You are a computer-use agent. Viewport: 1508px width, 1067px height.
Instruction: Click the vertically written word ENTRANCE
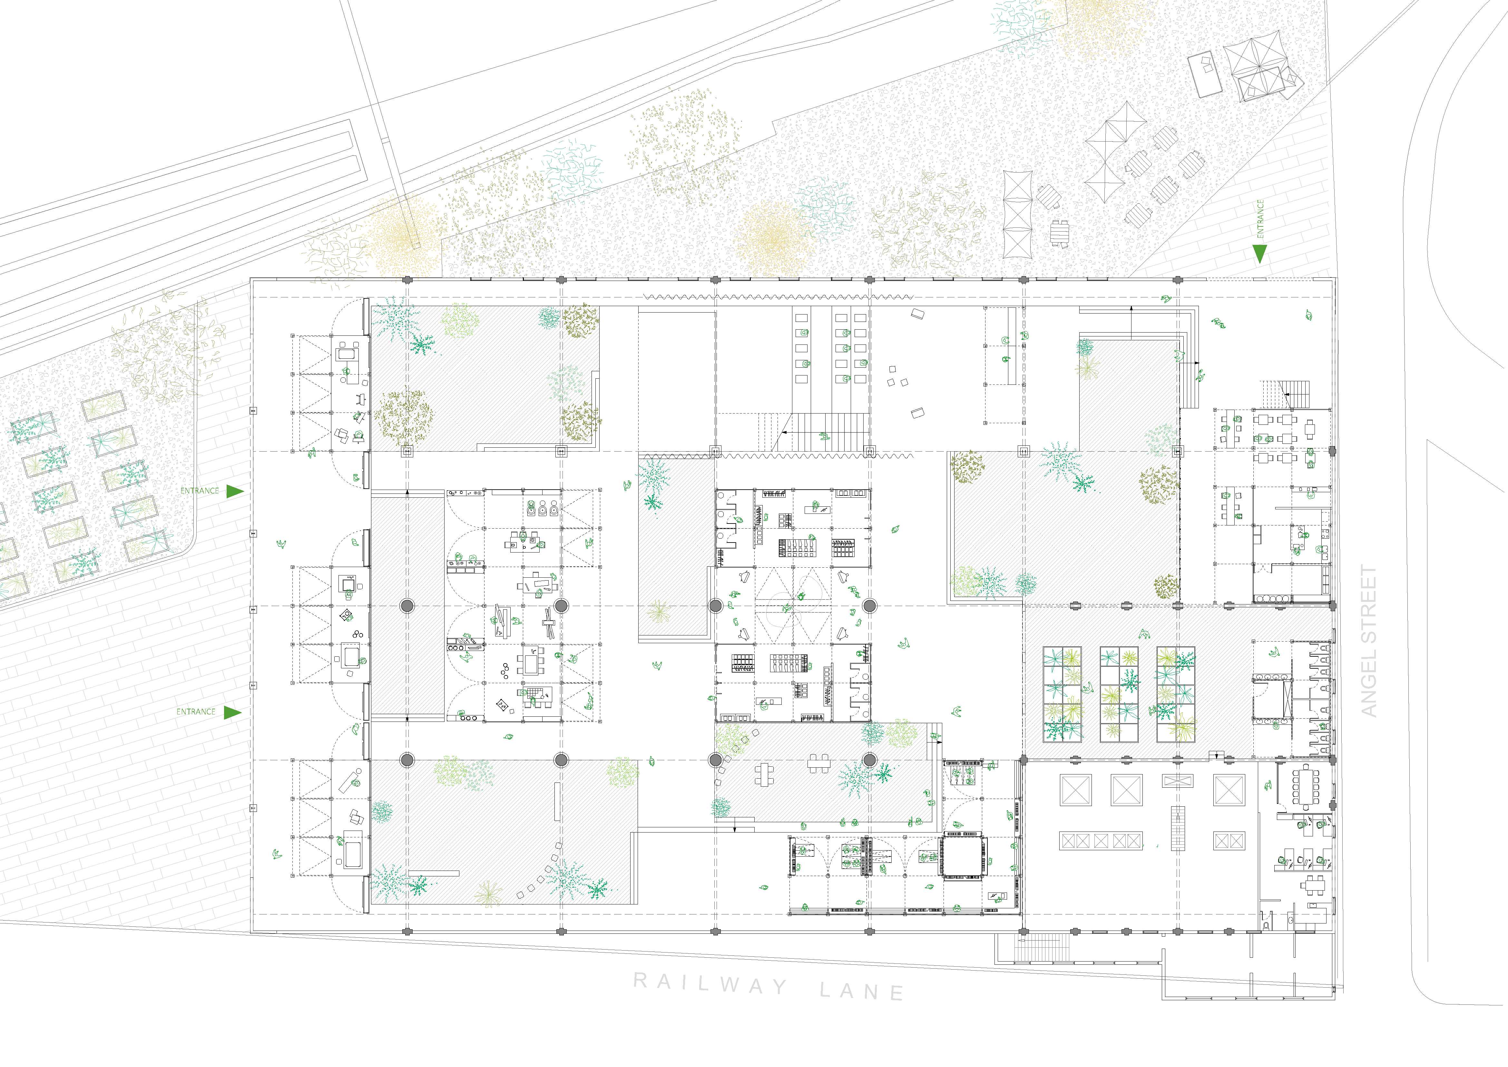click(x=1260, y=219)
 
